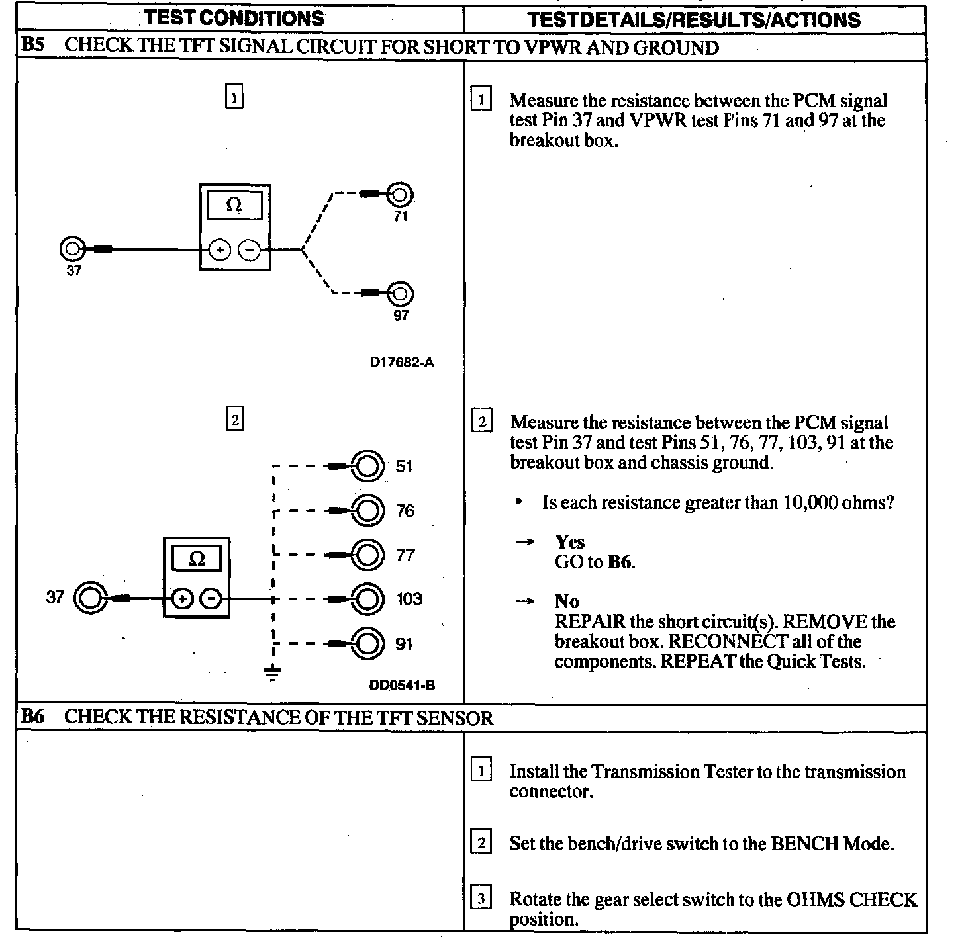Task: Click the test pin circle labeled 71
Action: coord(401,195)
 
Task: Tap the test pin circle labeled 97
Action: coord(401,293)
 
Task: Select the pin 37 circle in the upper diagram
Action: coord(72,249)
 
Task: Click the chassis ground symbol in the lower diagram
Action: coord(272,673)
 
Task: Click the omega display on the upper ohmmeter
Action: coord(234,205)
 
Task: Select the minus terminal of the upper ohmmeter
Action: coord(250,250)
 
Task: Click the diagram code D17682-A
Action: coord(402,363)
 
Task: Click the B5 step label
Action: coord(33,47)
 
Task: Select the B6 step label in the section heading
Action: coord(33,717)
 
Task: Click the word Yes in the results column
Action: coord(570,543)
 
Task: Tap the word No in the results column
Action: coord(567,602)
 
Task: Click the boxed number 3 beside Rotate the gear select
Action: coord(481,899)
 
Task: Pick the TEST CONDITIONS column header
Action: coord(235,19)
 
